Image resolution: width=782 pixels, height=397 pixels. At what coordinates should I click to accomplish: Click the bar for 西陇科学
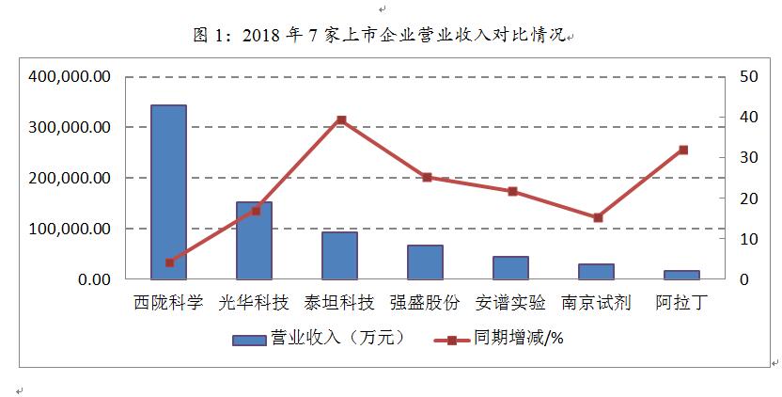(169, 192)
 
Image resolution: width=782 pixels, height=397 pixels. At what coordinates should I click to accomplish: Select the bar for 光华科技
(255, 240)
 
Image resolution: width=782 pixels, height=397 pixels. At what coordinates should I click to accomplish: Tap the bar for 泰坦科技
(340, 255)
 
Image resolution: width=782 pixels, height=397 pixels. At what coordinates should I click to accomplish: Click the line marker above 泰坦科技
(341, 120)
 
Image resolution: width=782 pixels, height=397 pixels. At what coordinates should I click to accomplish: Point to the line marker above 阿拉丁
(683, 150)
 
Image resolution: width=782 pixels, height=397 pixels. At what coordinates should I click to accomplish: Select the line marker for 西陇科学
(169, 262)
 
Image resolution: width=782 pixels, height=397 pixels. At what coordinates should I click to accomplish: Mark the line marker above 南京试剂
(598, 217)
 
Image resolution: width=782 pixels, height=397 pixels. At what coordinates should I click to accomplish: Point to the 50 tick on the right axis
(747, 76)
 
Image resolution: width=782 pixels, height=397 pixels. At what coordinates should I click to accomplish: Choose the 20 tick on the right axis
(747, 198)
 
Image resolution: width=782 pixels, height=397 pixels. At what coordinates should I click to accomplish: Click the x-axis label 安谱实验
(511, 304)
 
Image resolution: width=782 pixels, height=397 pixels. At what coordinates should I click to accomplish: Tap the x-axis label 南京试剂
(597, 304)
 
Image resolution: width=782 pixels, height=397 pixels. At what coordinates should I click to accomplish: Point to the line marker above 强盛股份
(427, 177)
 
